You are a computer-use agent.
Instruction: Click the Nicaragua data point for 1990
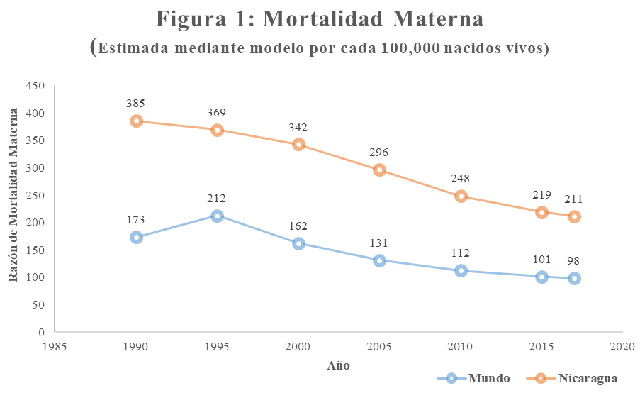(x=136, y=121)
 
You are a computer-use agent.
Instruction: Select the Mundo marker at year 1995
(x=218, y=216)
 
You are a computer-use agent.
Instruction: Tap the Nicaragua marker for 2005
(x=380, y=170)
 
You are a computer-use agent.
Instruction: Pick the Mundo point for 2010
(x=461, y=270)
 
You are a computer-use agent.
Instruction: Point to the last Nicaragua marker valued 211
(x=574, y=216)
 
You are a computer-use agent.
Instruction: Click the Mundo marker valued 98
(x=574, y=278)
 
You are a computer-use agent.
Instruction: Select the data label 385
(x=136, y=104)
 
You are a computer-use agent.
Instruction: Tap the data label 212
(x=218, y=199)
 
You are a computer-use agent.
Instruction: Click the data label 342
(x=298, y=127)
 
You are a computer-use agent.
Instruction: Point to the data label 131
(x=380, y=243)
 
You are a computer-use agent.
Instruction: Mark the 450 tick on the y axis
(x=35, y=86)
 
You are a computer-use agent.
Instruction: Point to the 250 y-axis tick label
(x=35, y=195)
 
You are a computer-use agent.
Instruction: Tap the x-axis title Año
(x=338, y=365)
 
